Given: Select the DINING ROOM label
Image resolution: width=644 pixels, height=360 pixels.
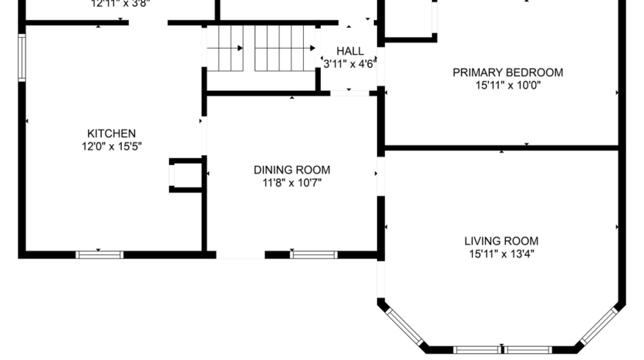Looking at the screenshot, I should pos(292,170).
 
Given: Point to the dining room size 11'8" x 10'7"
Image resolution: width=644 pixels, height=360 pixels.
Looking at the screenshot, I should pos(292,182).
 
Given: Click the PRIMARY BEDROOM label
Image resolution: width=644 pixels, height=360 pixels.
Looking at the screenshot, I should pos(507,72).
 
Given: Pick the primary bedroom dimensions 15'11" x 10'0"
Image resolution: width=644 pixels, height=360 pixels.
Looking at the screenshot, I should pos(507,85).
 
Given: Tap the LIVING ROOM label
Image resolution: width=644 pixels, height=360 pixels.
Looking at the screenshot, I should pos(501,241).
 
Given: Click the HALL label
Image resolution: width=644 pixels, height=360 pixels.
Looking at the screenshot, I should pos(349,51).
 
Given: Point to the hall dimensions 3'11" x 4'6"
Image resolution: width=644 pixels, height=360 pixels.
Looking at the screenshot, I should pos(349,63).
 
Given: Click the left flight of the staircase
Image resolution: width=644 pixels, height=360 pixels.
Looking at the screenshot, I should pos(225,48).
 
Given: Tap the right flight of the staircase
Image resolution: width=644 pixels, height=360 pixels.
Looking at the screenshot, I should pos(284,48).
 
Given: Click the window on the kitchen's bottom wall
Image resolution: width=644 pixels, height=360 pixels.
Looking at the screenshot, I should pos(99,254).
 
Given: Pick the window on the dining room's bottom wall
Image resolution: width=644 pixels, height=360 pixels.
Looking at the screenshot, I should pos(314,254).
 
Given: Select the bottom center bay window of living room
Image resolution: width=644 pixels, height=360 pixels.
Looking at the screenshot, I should pos(502,349).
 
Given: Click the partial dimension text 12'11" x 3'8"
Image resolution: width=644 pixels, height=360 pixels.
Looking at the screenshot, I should pos(120,3).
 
